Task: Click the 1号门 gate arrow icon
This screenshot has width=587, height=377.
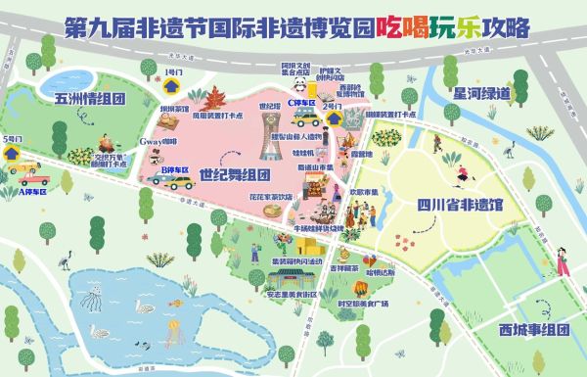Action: (x=171, y=86)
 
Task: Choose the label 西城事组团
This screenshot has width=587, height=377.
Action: (x=533, y=328)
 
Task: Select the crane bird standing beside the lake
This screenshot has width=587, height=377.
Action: (x=65, y=259)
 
